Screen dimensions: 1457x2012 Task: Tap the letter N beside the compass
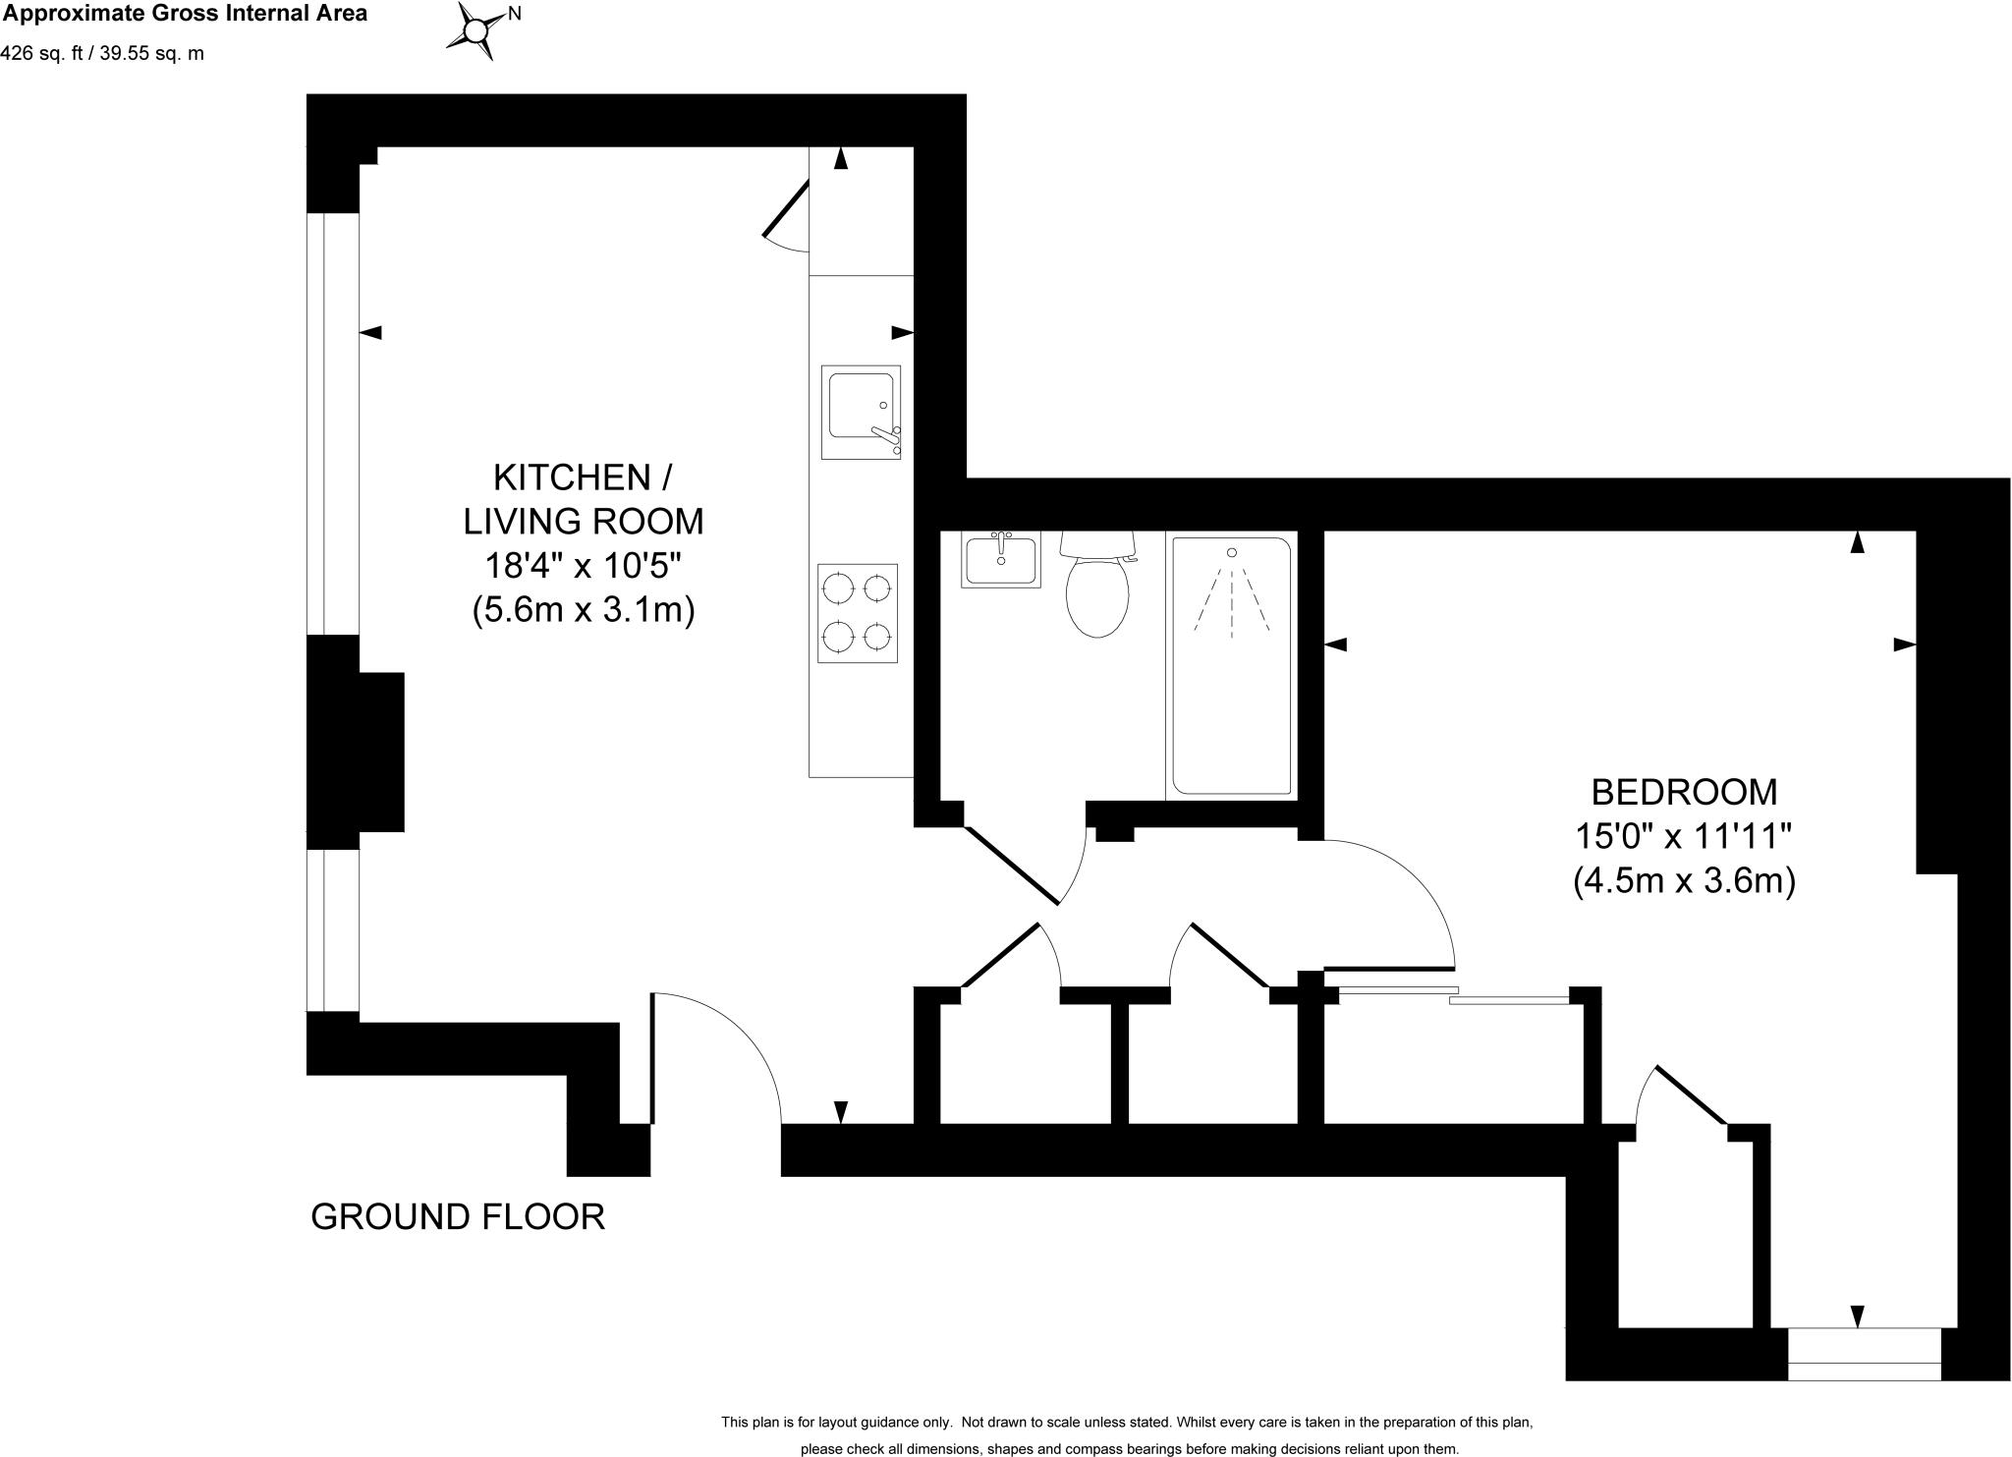(x=514, y=14)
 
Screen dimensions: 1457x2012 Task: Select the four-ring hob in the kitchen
(x=858, y=613)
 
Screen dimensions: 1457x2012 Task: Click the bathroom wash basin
(x=1000, y=560)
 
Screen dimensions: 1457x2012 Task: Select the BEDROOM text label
(x=1684, y=791)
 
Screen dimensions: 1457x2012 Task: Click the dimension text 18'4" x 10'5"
(x=584, y=566)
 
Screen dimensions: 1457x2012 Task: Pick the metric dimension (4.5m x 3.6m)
(x=1684, y=880)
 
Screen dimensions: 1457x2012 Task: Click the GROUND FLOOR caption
(x=458, y=1216)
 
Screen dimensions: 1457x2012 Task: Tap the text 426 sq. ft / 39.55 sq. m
(x=102, y=54)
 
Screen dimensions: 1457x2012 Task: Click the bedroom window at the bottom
(x=1864, y=1354)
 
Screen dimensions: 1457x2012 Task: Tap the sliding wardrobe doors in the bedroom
(x=1454, y=994)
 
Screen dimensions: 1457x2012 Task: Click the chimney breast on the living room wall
(x=368, y=752)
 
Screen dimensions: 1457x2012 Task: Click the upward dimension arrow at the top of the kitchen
(x=841, y=159)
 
